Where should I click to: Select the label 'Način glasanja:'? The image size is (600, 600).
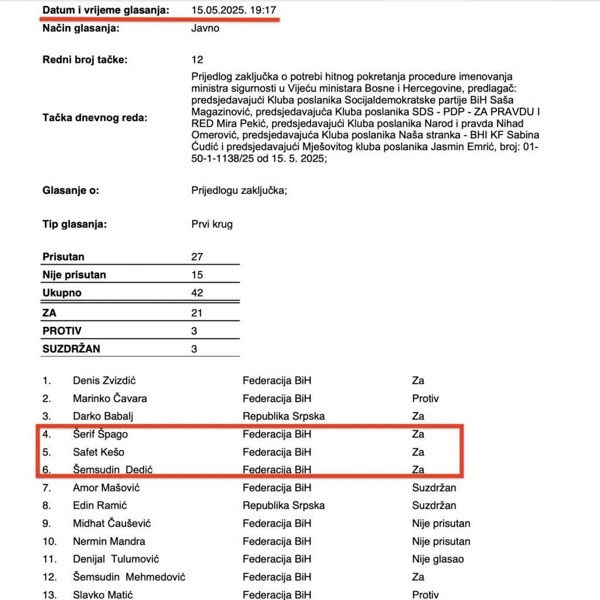pos(81,28)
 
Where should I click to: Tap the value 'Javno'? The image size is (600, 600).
pos(205,28)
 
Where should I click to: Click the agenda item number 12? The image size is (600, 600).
pos(197,59)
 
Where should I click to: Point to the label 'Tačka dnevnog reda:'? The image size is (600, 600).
pos(95,118)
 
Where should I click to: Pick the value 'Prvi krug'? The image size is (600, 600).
pos(212,224)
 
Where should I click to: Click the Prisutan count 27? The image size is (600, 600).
pos(197,257)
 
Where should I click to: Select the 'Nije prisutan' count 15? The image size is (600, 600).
pos(197,275)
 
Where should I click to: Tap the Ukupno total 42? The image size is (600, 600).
pos(197,292)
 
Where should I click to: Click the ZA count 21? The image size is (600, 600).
pos(197,313)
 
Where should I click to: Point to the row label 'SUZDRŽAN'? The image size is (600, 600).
pos(71,349)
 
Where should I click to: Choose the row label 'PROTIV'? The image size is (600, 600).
pos(62,331)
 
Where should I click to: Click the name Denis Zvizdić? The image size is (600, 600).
pos(104,381)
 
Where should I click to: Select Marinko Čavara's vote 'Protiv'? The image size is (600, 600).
pos(425,398)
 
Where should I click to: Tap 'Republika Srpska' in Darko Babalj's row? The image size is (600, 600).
pos(284,416)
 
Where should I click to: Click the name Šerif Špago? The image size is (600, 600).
pos(100,434)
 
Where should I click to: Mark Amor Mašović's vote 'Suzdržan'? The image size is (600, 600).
pos(434,487)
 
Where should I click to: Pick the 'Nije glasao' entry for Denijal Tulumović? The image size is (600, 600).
pos(438,559)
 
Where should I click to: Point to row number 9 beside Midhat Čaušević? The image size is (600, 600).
pos(47,523)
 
